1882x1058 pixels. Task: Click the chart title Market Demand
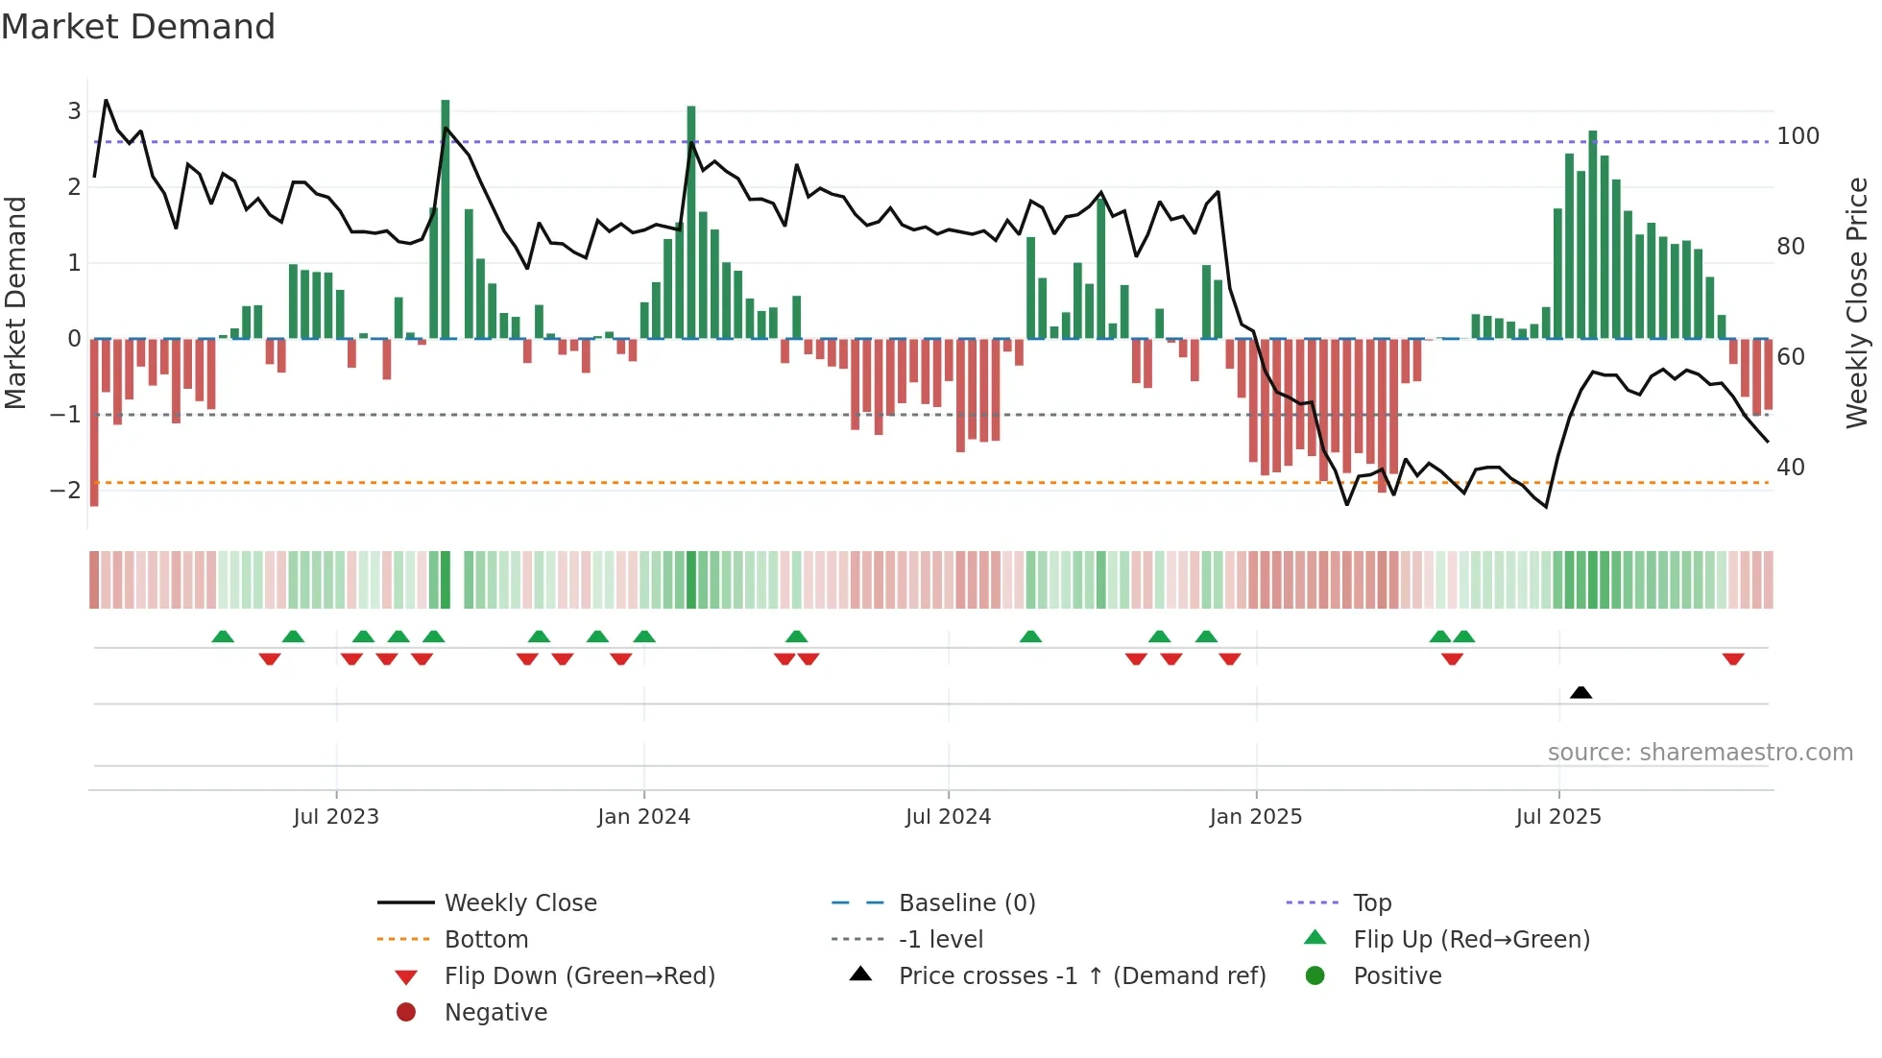coord(138,27)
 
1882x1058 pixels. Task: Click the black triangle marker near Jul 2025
coord(1580,692)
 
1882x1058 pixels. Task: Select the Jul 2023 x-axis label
coord(336,817)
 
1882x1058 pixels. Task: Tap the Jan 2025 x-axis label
coord(1255,817)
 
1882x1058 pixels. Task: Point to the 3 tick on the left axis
coord(74,111)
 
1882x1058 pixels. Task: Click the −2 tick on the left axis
coord(66,491)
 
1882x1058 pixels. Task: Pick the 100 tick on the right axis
coord(1798,136)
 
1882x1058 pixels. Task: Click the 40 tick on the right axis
coord(1791,468)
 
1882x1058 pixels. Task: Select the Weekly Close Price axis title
coord(1857,302)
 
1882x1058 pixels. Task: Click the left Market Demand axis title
coord(15,302)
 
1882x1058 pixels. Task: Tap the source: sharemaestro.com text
coord(1700,753)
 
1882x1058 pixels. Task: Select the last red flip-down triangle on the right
coord(1732,659)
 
